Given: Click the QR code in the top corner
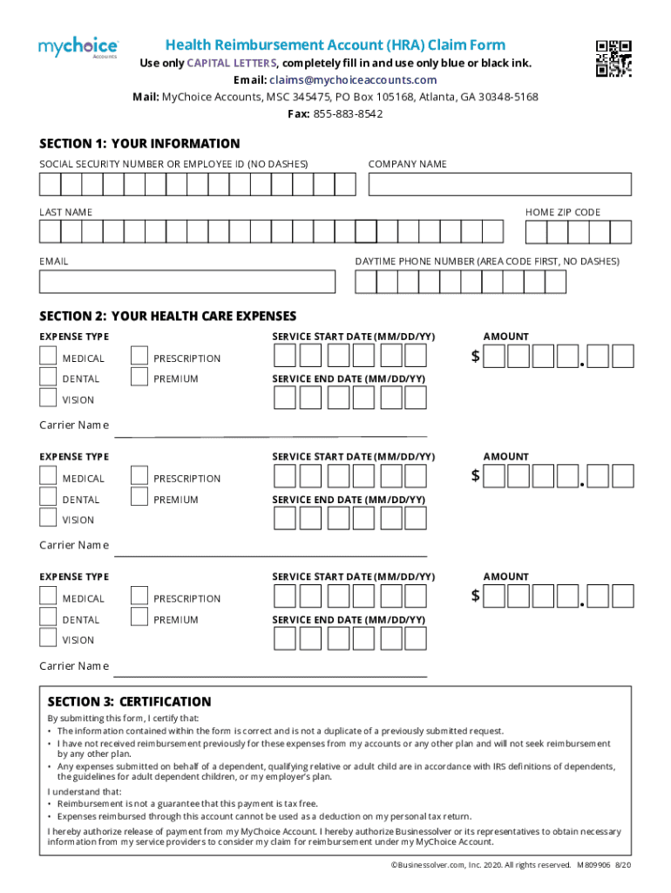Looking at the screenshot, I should tap(613, 59).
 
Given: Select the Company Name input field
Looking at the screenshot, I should tap(499, 184).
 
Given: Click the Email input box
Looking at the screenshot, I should tap(186, 282).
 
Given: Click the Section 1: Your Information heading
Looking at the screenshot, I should tap(139, 144).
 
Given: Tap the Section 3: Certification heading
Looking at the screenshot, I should tap(129, 701).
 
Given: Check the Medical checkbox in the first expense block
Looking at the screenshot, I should tap(48, 355).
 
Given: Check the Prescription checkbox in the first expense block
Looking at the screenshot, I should tap(139, 355).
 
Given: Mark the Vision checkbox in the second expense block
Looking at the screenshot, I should tap(48, 517).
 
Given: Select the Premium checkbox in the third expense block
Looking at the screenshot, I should tap(139, 617).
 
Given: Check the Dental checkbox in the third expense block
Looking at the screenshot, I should tap(48, 617).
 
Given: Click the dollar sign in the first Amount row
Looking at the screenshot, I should tap(475, 356).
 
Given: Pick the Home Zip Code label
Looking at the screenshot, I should tap(562, 213).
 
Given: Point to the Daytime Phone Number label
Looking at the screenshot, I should tap(486, 262).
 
